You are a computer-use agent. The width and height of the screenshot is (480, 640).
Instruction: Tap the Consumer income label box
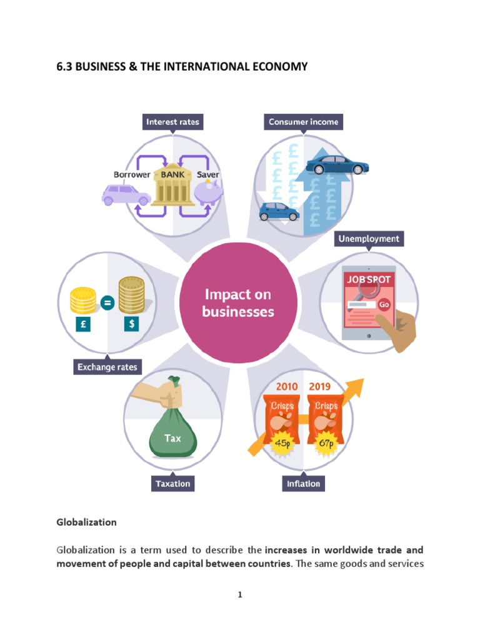coord(303,122)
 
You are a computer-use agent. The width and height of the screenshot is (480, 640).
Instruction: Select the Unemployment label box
coord(369,239)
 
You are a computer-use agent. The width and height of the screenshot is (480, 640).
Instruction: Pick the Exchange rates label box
coord(107,367)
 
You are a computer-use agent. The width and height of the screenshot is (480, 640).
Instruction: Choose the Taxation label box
coord(172,484)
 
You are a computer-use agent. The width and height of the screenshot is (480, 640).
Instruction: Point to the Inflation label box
coord(303,484)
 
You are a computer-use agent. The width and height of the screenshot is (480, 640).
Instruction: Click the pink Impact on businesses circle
coord(238,302)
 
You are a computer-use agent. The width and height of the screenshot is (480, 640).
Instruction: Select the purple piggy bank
coord(209,194)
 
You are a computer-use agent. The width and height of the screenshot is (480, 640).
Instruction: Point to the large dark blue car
coord(337,165)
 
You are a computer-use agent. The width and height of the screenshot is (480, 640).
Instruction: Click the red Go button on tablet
coord(384,304)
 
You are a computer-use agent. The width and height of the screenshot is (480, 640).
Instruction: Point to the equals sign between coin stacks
coord(107,304)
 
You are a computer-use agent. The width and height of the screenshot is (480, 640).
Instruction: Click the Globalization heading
coord(86,521)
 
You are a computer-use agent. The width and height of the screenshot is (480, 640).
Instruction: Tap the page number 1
coord(239,595)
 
